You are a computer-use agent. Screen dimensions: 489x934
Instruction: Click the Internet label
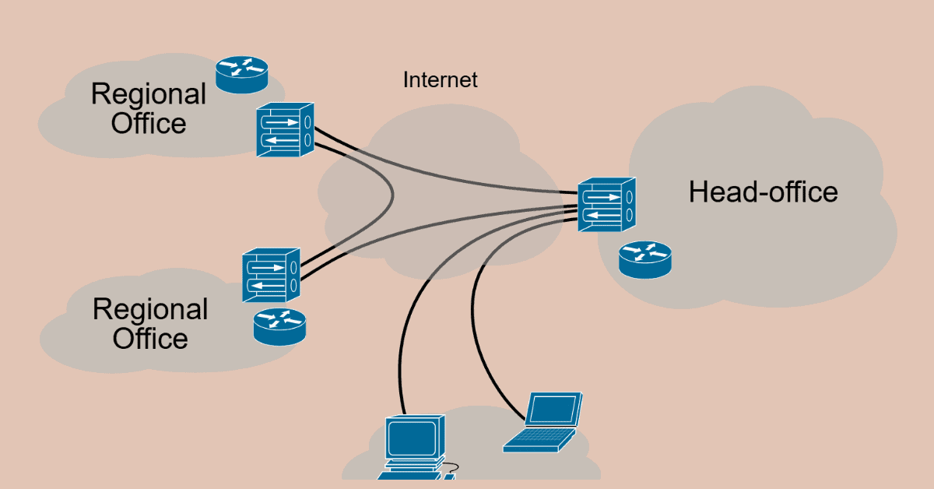coord(440,79)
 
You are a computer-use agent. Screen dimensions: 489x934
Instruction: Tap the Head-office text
coord(763,192)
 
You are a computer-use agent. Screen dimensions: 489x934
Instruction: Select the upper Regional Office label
coord(149,108)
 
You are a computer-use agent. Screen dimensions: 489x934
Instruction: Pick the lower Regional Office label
coord(150,323)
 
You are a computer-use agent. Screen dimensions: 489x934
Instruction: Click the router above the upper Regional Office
coord(241,74)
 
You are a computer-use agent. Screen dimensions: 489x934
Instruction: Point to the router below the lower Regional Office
coord(279,326)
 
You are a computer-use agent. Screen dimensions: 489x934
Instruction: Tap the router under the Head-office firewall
coord(644,259)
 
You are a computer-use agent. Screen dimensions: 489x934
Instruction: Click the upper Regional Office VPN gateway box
coord(285,130)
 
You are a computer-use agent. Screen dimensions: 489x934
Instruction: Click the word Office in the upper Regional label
coord(149,123)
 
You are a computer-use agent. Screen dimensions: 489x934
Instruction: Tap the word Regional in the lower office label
coord(150,309)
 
